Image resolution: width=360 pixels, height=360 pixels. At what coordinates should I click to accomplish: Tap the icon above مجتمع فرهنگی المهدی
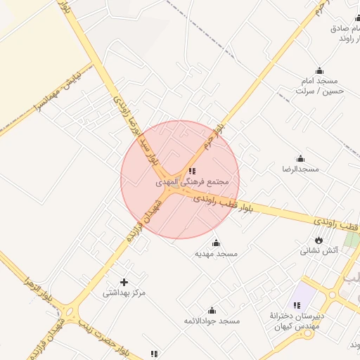192,171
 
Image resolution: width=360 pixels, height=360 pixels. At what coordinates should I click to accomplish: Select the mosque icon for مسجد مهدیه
216,243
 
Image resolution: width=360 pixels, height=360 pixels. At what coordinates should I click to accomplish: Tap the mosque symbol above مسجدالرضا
300,159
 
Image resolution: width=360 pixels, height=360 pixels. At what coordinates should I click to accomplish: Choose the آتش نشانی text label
320,250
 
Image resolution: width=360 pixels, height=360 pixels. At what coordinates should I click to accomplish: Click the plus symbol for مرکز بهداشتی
124,282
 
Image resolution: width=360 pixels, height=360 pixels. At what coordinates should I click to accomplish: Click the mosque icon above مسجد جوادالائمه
212,310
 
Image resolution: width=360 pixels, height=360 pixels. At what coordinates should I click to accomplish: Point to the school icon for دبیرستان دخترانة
297,305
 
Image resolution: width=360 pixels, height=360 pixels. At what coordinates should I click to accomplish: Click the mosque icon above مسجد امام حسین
320,70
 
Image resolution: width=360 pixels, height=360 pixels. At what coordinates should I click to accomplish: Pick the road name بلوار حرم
224,134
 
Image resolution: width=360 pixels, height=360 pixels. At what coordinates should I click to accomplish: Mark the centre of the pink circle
180,180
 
